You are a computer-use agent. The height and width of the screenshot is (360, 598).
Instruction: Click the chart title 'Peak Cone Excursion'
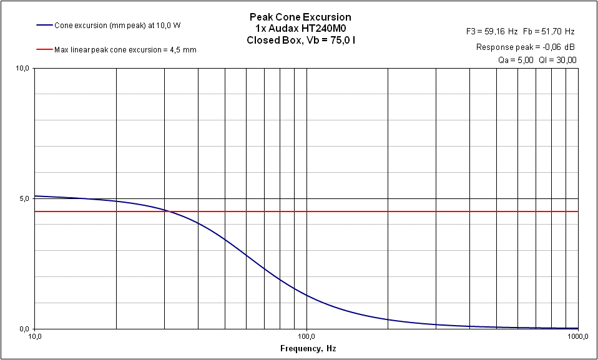300,17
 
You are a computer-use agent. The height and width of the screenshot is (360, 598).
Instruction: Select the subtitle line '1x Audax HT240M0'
300,29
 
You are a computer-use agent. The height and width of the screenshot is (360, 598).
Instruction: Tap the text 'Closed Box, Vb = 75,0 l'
300,40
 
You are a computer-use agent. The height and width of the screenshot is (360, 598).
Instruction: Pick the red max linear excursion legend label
125,50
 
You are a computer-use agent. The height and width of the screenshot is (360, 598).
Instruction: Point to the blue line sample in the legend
44,26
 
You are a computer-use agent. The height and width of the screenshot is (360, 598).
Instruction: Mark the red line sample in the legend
44,50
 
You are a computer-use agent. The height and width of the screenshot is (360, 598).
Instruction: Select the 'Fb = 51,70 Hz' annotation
549,31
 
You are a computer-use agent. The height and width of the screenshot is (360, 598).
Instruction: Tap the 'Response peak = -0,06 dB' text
526,47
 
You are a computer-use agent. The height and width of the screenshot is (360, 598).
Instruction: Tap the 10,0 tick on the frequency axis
35,337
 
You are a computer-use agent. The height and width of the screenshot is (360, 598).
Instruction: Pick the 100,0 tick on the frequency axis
306,337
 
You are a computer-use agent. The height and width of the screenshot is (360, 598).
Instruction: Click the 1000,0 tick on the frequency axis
577,337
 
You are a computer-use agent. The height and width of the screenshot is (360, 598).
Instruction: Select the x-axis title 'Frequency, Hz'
308,348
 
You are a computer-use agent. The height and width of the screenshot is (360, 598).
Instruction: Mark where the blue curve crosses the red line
167,212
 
